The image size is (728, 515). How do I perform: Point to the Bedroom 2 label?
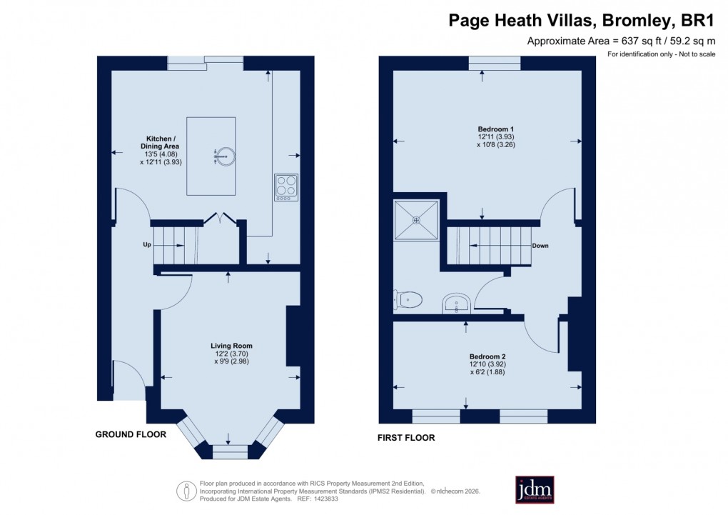point(487,356)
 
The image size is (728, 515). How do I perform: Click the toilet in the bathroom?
point(408,300)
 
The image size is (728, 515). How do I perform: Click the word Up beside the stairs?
point(147,244)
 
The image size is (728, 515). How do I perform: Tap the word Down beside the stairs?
point(540,246)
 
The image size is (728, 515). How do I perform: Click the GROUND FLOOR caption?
point(131,434)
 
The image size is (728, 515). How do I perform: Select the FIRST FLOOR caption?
point(406,438)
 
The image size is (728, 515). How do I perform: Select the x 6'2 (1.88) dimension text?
point(487,371)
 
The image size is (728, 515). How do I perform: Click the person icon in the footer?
point(186,490)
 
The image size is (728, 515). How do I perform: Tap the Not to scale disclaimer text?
point(694,55)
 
